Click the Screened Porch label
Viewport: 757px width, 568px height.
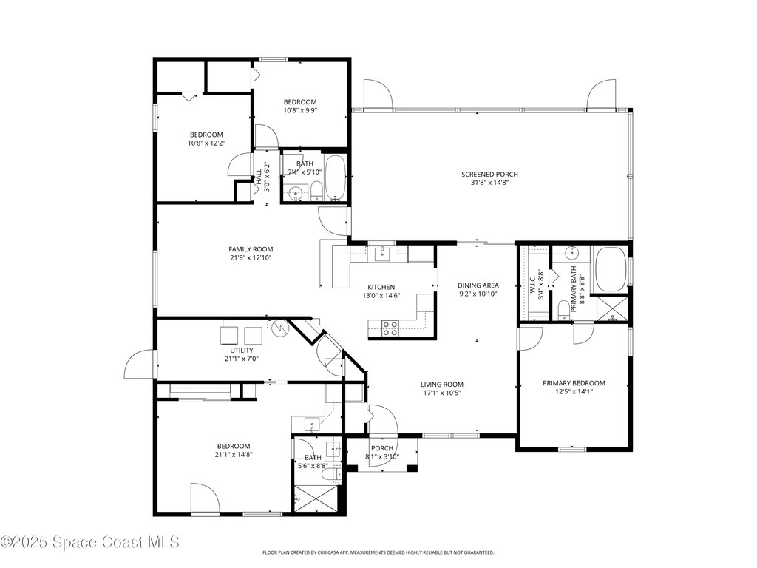pyautogui.click(x=489, y=175)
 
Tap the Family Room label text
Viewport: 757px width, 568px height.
pyautogui.click(x=251, y=250)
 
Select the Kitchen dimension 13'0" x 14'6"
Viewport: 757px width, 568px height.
pyautogui.click(x=381, y=296)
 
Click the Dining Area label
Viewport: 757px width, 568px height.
pyautogui.click(x=478, y=285)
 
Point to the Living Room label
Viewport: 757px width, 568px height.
pyautogui.click(x=441, y=384)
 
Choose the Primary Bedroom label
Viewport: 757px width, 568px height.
pyautogui.click(x=574, y=383)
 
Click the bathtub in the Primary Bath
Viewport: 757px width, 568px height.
pyautogui.click(x=610, y=269)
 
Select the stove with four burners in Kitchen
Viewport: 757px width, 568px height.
pyautogui.click(x=390, y=328)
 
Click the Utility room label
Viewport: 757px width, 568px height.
pyautogui.click(x=242, y=351)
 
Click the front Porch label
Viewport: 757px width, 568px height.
pyautogui.click(x=381, y=448)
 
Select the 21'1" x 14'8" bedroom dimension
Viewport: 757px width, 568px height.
pyautogui.click(x=234, y=455)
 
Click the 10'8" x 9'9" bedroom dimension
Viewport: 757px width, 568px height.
pyautogui.click(x=300, y=111)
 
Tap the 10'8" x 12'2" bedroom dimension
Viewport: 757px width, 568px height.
pyautogui.click(x=206, y=143)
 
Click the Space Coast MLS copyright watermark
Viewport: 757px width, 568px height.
pyautogui.click(x=90, y=542)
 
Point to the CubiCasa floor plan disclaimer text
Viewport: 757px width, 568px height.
pyautogui.click(x=378, y=552)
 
